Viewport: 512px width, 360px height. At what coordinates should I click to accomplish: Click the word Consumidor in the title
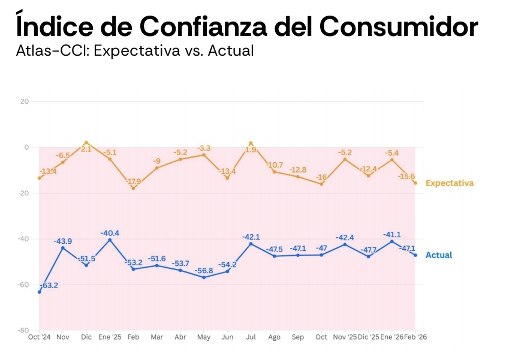click(398, 26)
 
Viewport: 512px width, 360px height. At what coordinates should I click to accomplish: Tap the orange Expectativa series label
click(450, 183)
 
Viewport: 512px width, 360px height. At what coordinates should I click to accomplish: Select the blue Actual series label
click(439, 255)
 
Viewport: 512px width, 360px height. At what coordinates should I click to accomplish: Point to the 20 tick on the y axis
click(25, 101)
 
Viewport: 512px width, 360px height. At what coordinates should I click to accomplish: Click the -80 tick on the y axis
click(23, 330)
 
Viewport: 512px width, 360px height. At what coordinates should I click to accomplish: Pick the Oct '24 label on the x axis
click(40, 337)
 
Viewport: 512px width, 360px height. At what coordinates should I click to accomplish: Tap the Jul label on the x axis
click(251, 337)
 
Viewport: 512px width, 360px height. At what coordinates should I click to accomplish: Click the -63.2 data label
click(48, 286)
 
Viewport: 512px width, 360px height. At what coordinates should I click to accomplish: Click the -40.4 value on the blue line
click(110, 233)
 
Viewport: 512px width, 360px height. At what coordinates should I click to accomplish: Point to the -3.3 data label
click(204, 148)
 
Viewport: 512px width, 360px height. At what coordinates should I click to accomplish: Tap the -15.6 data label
click(408, 176)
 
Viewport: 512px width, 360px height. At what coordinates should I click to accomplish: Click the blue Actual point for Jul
click(251, 244)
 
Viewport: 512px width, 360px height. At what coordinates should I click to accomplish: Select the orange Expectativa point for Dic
click(86, 143)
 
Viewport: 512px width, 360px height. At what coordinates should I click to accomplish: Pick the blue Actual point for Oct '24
click(40, 292)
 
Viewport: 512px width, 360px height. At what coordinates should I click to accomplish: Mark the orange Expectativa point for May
click(204, 155)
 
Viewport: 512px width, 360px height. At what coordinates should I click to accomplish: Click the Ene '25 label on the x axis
click(110, 337)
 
